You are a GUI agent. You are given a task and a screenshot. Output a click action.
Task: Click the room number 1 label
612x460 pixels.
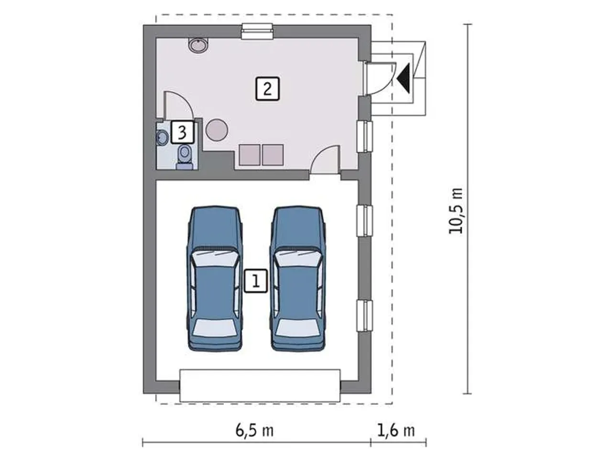pyautogui.click(x=256, y=281)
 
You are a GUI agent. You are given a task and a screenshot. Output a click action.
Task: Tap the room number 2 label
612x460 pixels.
pyautogui.click(x=267, y=88)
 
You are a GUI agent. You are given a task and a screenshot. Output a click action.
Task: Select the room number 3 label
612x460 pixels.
pyautogui.click(x=182, y=132)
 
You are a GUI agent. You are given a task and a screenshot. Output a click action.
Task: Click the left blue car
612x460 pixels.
pyautogui.click(x=214, y=279)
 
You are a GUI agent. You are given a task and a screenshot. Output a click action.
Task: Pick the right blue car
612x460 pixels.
pyautogui.click(x=297, y=279)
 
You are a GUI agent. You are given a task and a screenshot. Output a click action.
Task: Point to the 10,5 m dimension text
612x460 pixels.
pyautogui.click(x=456, y=211)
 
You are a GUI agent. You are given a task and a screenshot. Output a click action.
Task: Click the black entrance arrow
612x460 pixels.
pyautogui.click(x=404, y=78)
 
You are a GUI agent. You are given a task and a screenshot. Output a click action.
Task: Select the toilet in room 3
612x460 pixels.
pyautogui.click(x=184, y=156)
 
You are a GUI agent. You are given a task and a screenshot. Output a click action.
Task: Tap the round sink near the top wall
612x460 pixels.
pyautogui.click(x=198, y=45)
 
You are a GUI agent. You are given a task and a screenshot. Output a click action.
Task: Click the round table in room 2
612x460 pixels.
pyautogui.click(x=217, y=130)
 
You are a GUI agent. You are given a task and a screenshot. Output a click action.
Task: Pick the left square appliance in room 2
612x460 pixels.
pyautogui.click(x=250, y=155)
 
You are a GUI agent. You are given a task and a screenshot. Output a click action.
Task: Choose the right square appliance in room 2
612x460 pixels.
pyautogui.click(x=273, y=155)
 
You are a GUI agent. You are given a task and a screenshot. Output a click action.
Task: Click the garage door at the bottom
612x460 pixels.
pyautogui.click(x=260, y=385)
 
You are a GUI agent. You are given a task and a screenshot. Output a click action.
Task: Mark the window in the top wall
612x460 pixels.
pyautogui.click(x=257, y=31)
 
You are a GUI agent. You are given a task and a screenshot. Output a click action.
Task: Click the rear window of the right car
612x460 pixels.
pyautogui.click(x=297, y=328)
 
